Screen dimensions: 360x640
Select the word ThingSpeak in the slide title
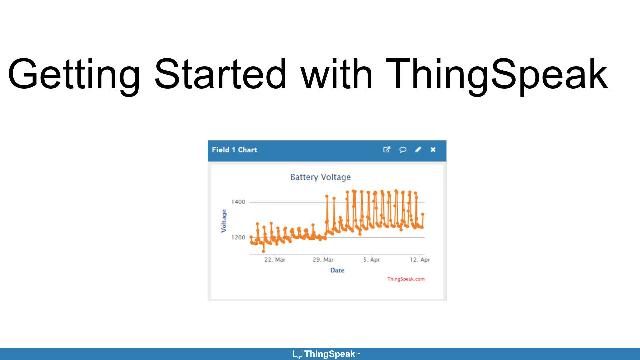[x=494, y=75]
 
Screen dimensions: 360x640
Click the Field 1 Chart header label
[x=234, y=150]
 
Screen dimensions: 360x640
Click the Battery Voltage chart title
[x=320, y=177]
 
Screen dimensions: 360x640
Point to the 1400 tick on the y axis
[x=238, y=202]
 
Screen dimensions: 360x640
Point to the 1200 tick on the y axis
[x=238, y=238]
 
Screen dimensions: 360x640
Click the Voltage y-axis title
[x=224, y=221]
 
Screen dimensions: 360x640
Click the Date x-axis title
[x=337, y=269]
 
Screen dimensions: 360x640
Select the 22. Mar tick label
[x=275, y=260]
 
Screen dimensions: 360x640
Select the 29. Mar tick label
[x=322, y=260]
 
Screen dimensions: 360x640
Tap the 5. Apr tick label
[x=370, y=260]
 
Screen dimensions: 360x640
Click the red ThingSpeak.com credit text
[x=406, y=279]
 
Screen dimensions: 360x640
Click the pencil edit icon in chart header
[x=418, y=150]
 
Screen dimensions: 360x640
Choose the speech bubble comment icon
[x=402, y=150]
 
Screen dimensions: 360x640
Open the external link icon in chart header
[x=387, y=150]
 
